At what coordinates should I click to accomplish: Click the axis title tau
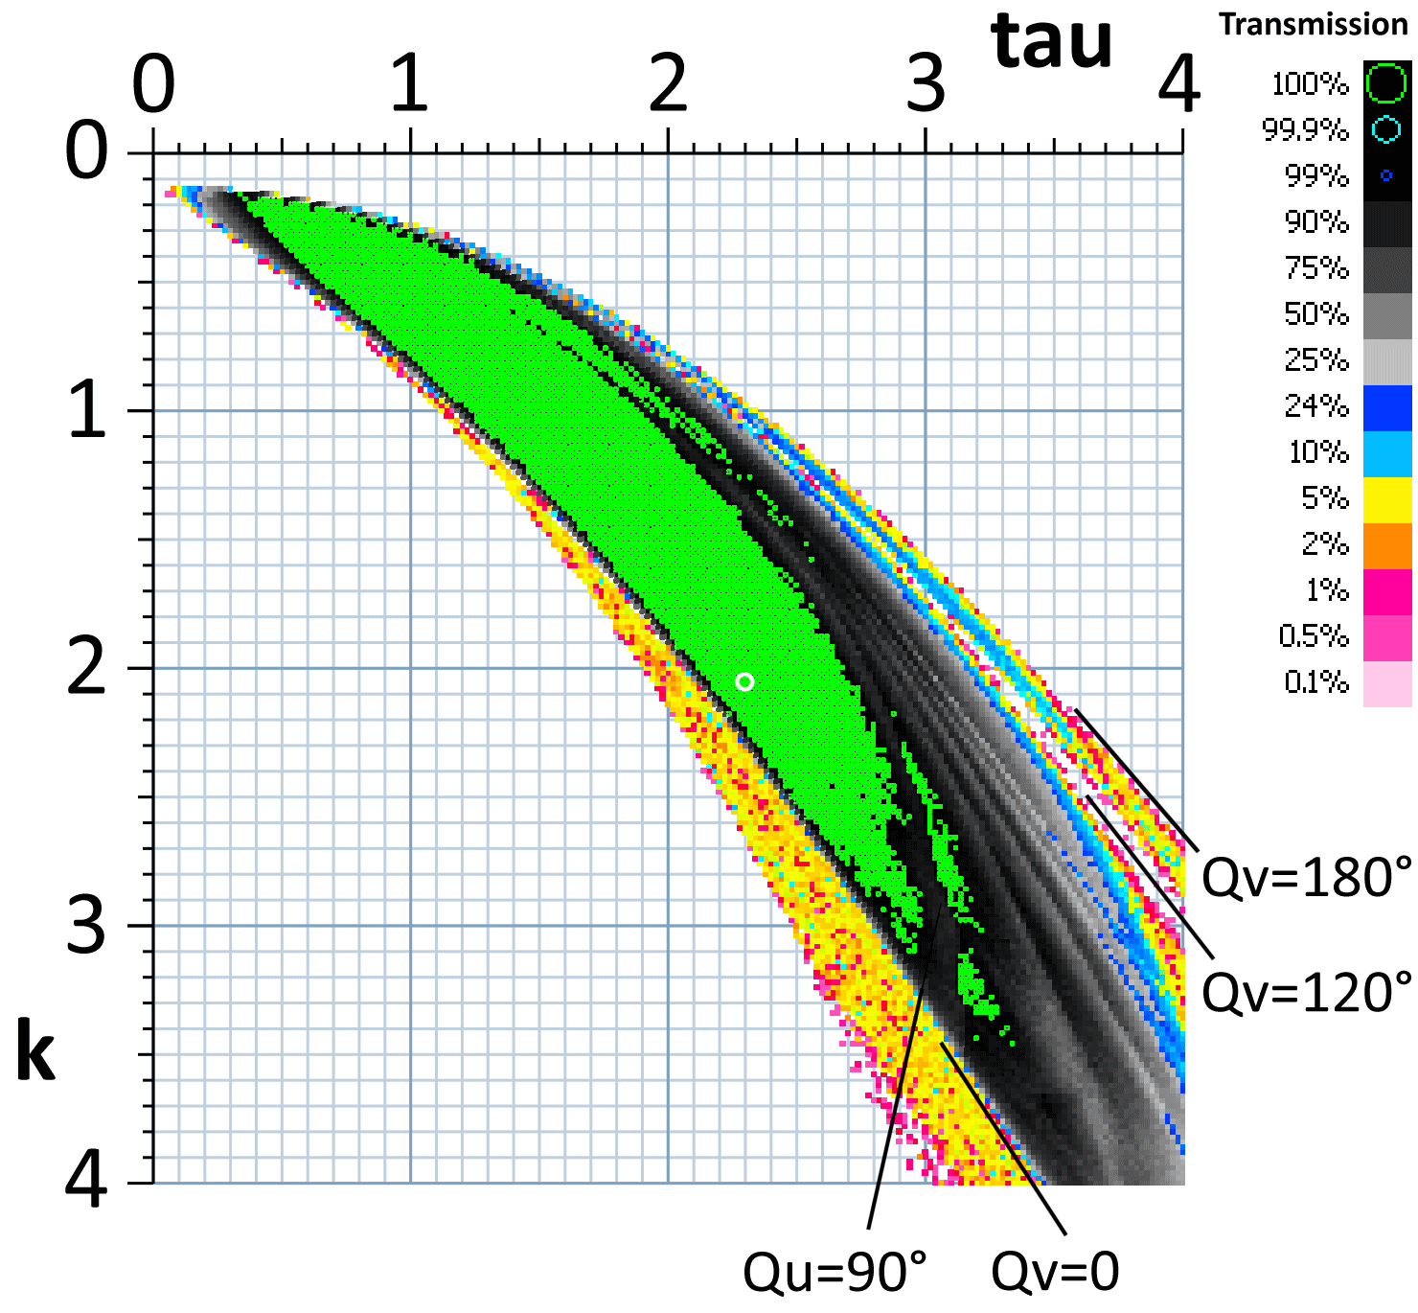tap(1052, 43)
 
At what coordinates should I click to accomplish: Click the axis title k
tap(36, 1052)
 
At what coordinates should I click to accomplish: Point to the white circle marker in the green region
tap(745, 681)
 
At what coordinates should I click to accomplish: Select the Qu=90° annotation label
tap(835, 1272)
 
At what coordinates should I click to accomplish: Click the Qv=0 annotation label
tap(1055, 1272)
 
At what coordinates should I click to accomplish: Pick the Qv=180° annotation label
tap(1307, 877)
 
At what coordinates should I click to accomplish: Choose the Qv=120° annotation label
tap(1307, 992)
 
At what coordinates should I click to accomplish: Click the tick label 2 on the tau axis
tap(668, 84)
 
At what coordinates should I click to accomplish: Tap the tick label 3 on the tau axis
tap(926, 84)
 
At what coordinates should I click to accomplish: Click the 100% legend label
tap(1310, 84)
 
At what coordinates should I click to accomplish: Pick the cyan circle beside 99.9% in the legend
tap(1386, 129)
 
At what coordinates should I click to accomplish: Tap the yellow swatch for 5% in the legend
tap(1386, 498)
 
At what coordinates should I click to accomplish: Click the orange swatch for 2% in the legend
tap(1386, 544)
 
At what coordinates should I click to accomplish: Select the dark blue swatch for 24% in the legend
tap(1386, 406)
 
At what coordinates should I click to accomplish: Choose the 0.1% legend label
tap(1315, 682)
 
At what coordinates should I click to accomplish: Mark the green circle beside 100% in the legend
tap(1386, 83)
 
